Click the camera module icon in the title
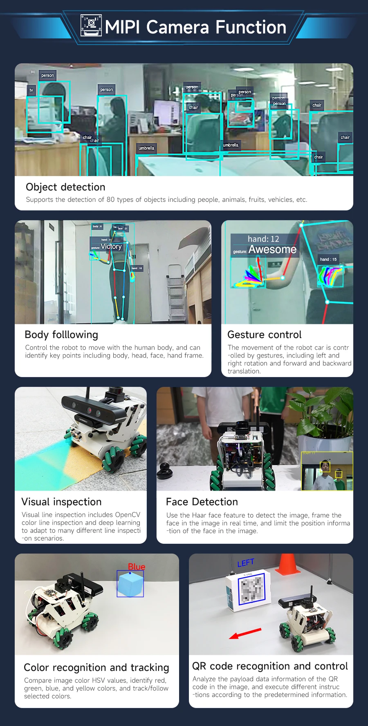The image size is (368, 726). [91, 26]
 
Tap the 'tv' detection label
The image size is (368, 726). [31, 90]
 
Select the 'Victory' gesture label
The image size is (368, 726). [111, 246]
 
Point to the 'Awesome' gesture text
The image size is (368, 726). [272, 249]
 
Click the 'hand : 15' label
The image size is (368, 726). [328, 259]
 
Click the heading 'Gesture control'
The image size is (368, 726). [264, 335]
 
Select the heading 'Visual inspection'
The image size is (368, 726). [61, 502]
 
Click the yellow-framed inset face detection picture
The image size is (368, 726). [327, 471]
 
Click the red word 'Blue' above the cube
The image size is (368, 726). [137, 567]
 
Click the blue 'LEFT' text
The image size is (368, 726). [246, 563]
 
